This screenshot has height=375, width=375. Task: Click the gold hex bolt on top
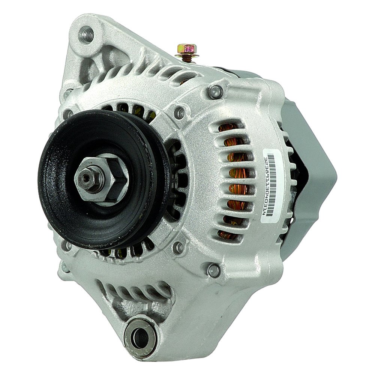click(186, 48)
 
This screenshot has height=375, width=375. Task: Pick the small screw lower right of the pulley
click(179, 246)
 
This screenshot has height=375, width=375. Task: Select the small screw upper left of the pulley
click(68, 113)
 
